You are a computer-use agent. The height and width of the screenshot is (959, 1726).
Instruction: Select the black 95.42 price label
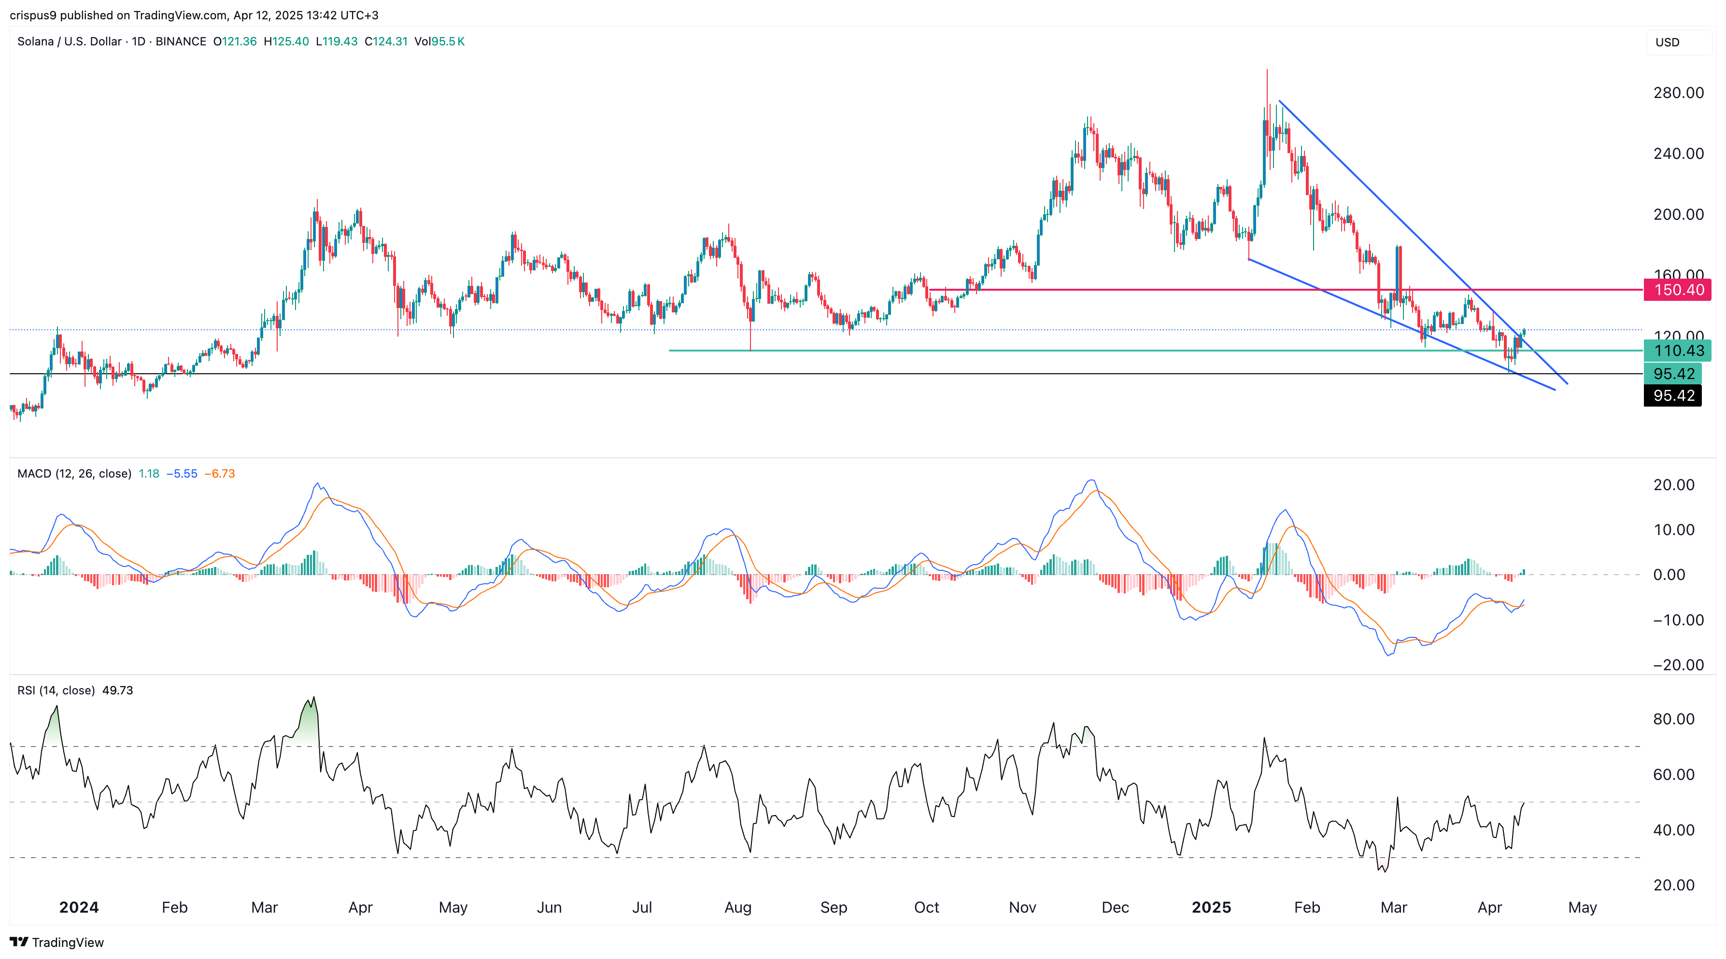[x=1673, y=395]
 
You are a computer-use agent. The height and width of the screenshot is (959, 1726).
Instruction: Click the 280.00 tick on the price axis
[x=1678, y=93]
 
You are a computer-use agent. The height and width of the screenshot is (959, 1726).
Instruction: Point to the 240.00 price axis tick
[x=1678, y=154]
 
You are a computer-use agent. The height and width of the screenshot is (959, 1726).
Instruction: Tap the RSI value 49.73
[x=117, y=690]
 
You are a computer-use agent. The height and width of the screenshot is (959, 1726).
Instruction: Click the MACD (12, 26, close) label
[x=74, y=474]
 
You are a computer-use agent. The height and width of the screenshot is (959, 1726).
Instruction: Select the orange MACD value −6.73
[x=220, y=474]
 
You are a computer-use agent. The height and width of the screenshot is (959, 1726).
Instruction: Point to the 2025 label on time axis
[x=1211, y=907]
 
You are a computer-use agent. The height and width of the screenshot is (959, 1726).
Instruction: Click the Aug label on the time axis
[x=738, y=907]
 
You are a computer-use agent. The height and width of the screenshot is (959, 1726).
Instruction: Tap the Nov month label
[x=1022, y=907]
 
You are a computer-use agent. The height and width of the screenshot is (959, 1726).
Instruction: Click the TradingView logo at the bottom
[x=57, y=942]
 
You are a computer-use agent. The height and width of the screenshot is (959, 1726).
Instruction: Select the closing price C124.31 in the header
[x=386, y=42]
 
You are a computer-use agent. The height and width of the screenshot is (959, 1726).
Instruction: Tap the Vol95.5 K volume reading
[x=439, y=42]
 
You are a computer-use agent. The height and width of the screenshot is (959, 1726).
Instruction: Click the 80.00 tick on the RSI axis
[x=1673, y=719]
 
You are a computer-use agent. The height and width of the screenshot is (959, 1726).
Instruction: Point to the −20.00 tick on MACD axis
[x=1673, y=665]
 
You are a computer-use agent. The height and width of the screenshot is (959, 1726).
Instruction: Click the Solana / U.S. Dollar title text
[x=69, y=42]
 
